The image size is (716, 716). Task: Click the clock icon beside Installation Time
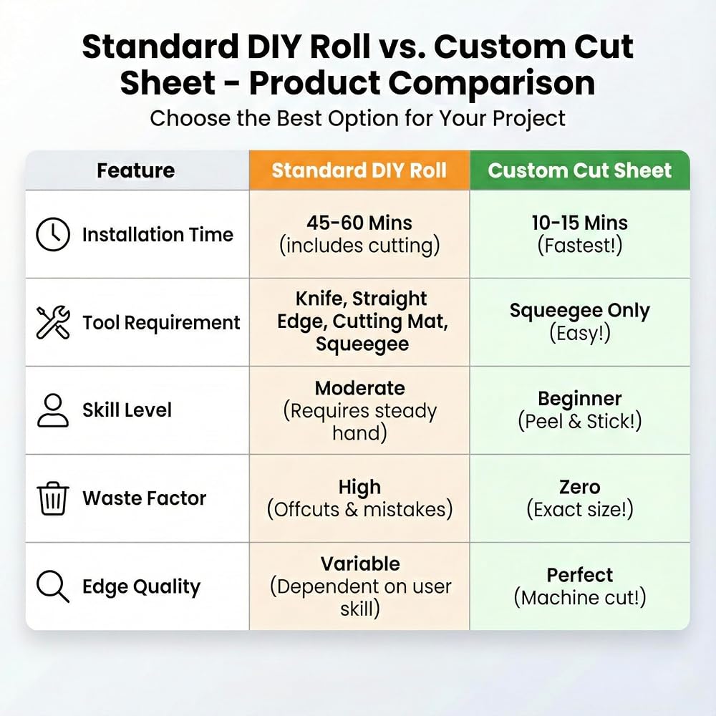click(x=53, y=234)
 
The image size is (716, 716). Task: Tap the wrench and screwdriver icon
click(x=53, y=322)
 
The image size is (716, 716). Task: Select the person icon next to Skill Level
click(x=53, y=410)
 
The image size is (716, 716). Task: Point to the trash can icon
click(x=53, y=498)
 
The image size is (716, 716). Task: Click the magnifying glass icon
click(x=53, y=586)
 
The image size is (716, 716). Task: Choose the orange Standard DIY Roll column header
click(x=359, y=170)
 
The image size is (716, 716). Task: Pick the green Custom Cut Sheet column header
click(x=580, y=170)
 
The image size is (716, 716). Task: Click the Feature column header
click(x=135, y=170)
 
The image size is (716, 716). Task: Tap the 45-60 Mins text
click(x=359, y=223)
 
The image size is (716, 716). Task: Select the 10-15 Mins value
click(x=580, y=223)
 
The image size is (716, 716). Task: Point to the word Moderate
click(x=360, y=388)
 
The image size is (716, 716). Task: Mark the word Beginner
click(x=580, y=399)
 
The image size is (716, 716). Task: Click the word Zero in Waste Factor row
click(x=580, y=487)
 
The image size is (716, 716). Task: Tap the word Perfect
click(x=580, y=576)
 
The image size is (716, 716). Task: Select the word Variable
click(x=360, y=564)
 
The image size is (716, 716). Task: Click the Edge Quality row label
click(x=142, y=587)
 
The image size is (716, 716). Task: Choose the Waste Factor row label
click(x=145, y=498)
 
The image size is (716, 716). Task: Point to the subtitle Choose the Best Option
click(x=357, y=119)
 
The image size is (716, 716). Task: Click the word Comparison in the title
click(x=491, y=84)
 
